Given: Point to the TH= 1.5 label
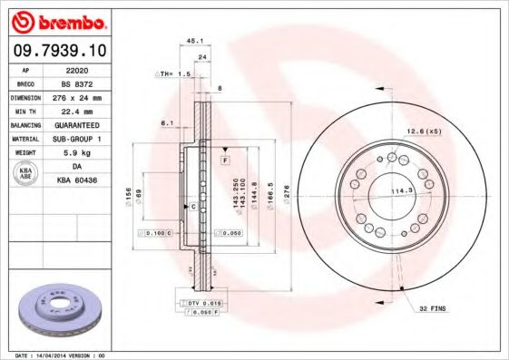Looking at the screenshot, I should [x=174, y=73].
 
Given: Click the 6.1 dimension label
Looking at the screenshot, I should [x=166, y=122].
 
